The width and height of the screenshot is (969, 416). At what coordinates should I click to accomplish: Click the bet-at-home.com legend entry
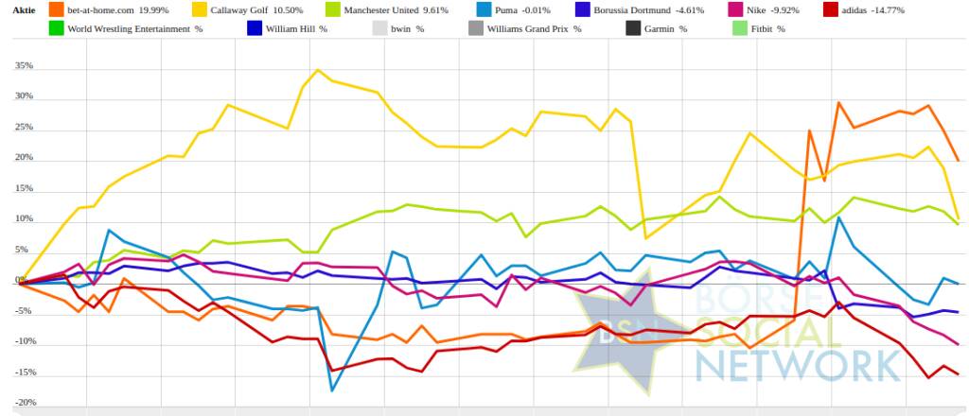pos(95,9)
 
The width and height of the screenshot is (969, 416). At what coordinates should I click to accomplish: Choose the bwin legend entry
pos(402,29)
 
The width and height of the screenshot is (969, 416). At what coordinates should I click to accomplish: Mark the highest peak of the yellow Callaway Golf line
pos(318,70)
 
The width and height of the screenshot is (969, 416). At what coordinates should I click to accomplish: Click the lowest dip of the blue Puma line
pos(332,390)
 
